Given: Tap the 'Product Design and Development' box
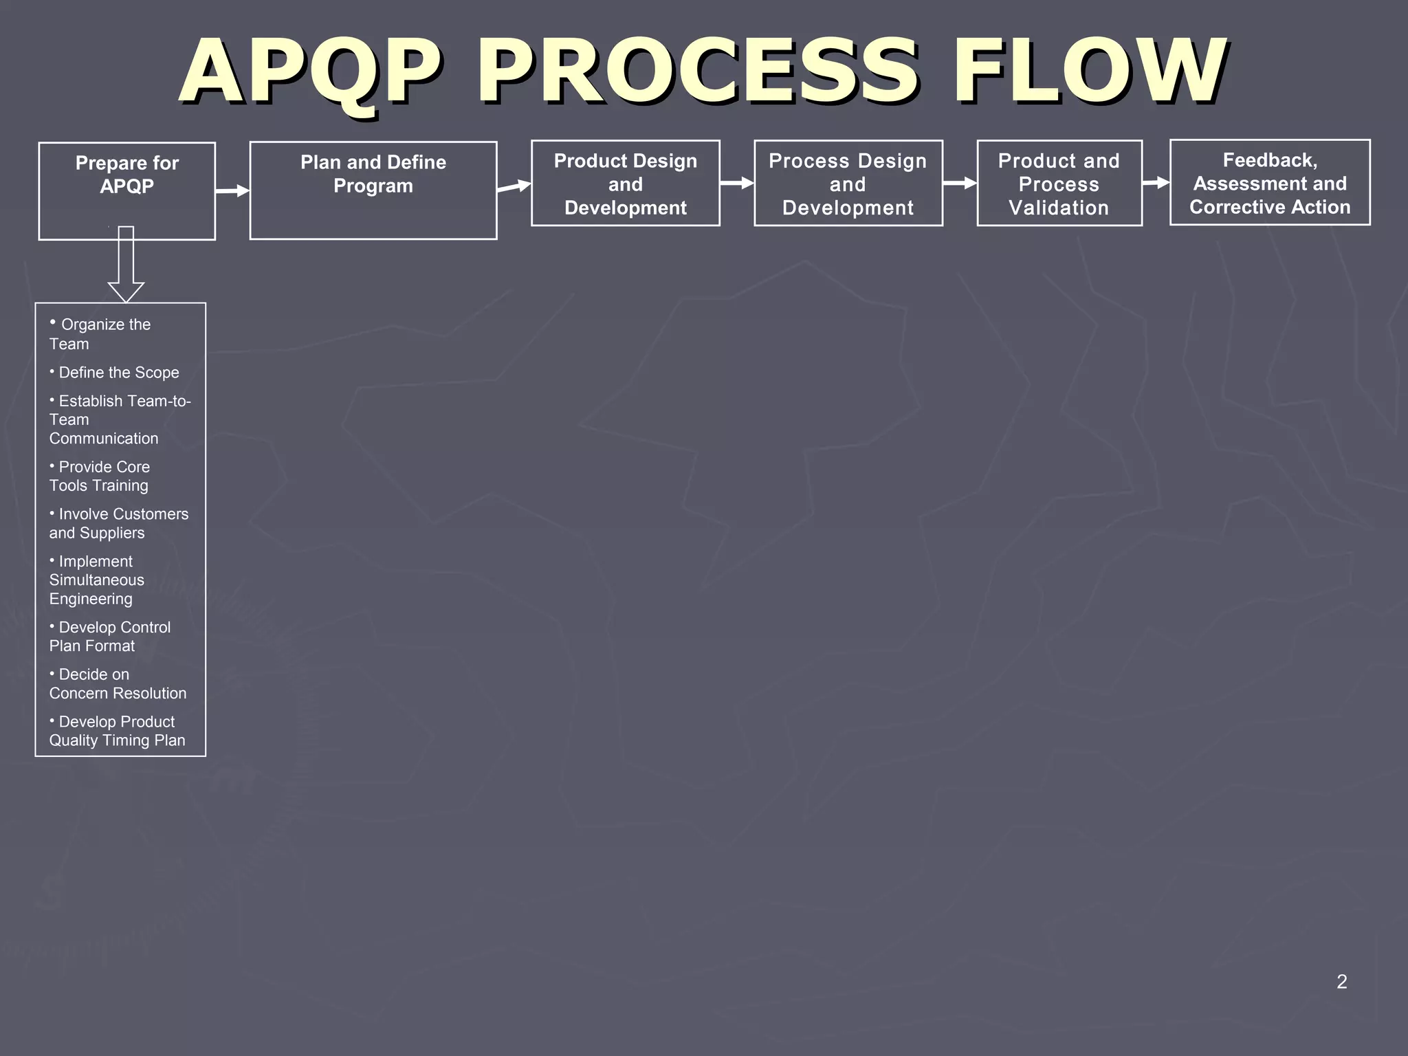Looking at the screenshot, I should coord(626,184).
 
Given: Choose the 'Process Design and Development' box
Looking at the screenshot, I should coord(848,184).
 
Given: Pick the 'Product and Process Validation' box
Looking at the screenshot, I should coord(1059,184).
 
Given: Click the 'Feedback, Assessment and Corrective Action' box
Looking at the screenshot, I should coord(1270,183).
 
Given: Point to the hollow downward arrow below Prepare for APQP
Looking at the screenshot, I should coord(126,265).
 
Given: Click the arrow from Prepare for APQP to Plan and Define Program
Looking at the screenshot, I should coord(232,190).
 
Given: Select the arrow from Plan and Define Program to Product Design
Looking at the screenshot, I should coord(514,186).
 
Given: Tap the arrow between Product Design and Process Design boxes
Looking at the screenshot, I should coord(737,183).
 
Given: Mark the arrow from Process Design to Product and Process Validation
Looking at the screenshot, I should coord(960,183).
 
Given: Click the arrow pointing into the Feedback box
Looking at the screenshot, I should coord(1156,182).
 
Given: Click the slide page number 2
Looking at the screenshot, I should coord(1341,982).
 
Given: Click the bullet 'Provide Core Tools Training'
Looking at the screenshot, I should coord(100,476).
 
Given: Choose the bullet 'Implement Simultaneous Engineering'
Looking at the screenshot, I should coord(97,580).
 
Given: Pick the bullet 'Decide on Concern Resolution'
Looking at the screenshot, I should coord(118,683).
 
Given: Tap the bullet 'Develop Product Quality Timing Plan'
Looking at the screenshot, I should coord(117,731).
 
